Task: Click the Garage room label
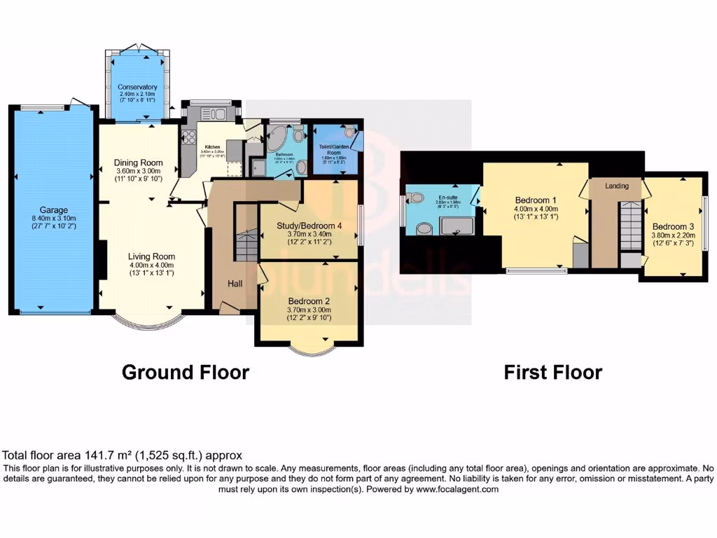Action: click(53, 209)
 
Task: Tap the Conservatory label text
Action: click(137, 87)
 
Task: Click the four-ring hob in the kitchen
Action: click(188, 137)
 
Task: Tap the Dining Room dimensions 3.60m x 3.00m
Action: click(138, 170)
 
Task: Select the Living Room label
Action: click(152, 256)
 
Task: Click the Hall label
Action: click(235, 283)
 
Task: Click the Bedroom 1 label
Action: click(534, 198)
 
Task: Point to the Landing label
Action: click(617, 186)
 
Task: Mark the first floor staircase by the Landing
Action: click(631, 223)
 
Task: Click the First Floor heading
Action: click(552, 372)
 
